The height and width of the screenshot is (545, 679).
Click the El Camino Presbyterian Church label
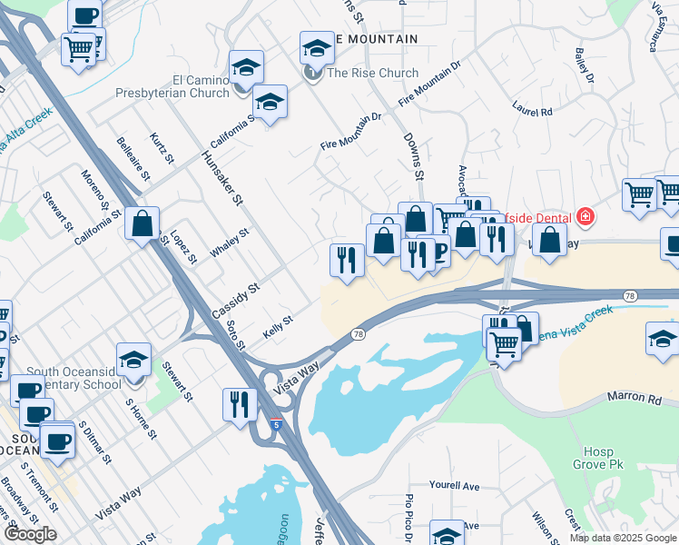coord(172,86)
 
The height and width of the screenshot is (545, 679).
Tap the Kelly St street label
coord(278,323)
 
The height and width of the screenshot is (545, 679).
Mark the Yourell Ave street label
coord(454,487)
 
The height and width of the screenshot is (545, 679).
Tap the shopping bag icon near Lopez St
coord(143,224)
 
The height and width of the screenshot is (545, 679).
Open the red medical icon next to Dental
coord(586,216)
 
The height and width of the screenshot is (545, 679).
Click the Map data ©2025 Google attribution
coord(623,538)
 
